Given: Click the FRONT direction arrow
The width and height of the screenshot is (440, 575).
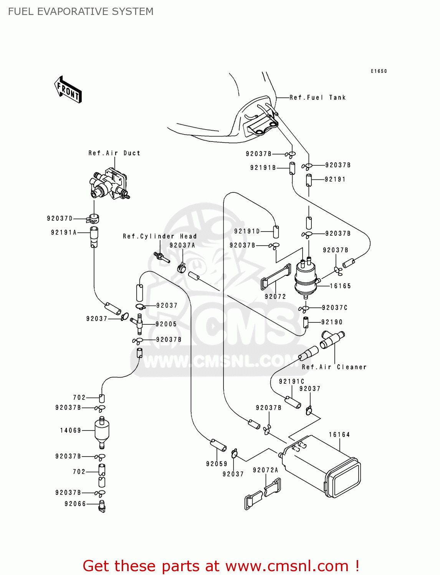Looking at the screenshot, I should tap(68, 90).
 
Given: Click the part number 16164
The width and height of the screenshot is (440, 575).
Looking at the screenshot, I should tap(339, 435).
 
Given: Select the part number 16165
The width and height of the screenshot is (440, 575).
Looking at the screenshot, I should tap(341, 286).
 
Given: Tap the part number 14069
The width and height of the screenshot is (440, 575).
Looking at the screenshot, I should tap(71, 430).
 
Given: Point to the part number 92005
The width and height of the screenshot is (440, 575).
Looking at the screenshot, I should tap(166, 324).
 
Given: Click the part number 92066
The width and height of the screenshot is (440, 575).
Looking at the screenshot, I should tap(75, 504).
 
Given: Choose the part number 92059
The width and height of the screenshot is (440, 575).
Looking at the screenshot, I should tap(217, 464).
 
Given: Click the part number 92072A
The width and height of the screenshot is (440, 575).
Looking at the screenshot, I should tap(266, 470).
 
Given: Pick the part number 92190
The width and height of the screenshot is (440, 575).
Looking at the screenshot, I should tap(332, 322).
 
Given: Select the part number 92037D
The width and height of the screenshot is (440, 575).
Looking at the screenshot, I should tap(60, 219).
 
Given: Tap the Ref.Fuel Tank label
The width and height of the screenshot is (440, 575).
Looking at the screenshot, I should tap(318, 98).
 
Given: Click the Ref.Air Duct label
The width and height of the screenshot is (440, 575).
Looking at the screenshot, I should tap(114, 153).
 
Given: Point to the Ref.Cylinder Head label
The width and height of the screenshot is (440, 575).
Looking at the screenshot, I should tap(160, 237).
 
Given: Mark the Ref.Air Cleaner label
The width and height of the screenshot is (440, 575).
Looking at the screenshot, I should tap(334, 367).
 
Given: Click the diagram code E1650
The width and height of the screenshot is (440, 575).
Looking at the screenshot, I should tap(379, 71).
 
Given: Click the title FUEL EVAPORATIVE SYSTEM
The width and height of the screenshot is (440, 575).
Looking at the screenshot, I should tap(81, 11).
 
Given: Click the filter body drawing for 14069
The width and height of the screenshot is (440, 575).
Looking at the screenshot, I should tap(102, 430).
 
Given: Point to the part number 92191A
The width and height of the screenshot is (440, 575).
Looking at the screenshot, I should tap(64, 233).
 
